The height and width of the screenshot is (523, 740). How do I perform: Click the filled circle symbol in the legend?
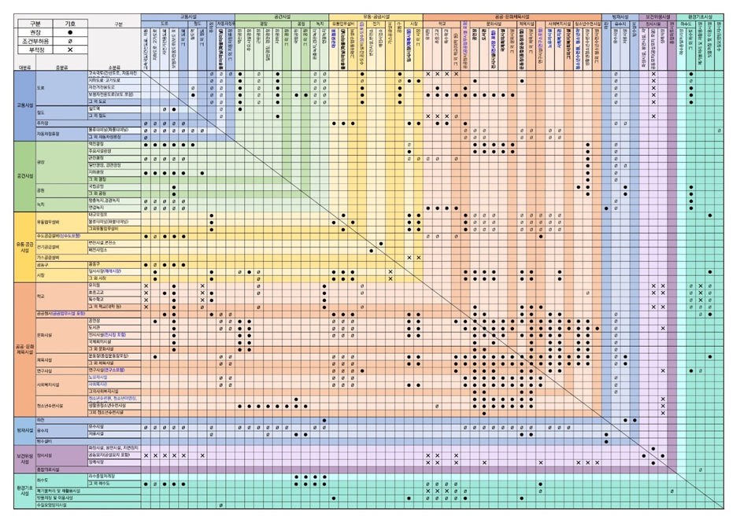pyautogui.click(x=70, y=33)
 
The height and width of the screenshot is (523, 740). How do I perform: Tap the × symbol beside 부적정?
pyautogui.click(x=70, y=50)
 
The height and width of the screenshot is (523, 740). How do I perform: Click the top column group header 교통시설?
pyautogui.click(x=189, y=16)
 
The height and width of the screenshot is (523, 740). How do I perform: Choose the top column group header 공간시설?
pyautogui.click(x=280, y=16)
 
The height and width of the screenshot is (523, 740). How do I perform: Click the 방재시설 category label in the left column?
pyautogui.click(x=25, y=430)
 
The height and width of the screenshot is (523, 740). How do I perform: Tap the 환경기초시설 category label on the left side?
pyautogui.click(x=25, y=490)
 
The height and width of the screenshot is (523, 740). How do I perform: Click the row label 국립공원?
pyautogui.click(x=96, y=186)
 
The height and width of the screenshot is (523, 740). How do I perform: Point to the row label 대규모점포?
pyautogui.click(x=98, y=215)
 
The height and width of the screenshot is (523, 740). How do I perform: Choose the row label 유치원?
pyautogui.click(x=94, y=285)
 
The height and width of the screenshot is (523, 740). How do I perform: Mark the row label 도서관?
pyautogui.click(x=94, y=328)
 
